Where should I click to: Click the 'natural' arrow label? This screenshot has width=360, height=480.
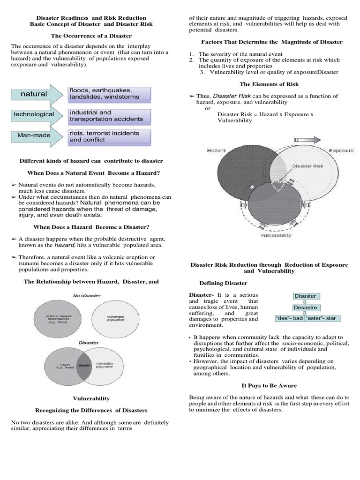coord(34,94)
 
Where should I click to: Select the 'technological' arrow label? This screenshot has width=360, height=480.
coord(34,114)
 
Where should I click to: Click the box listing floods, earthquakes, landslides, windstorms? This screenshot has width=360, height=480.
coord(109,93)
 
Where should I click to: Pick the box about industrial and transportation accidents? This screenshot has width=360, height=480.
coord(109,115)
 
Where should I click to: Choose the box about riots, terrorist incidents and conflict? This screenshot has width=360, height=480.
coord(109,136)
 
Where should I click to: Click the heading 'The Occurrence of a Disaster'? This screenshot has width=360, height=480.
coord(91,36)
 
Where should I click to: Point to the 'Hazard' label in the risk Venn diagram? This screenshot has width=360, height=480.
coord(216,150)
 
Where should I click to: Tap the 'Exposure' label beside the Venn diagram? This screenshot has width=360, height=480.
coord(341,150)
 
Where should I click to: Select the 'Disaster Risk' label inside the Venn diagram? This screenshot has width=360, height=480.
coord(305,166)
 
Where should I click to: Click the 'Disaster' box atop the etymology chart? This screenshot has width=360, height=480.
coord(305,296)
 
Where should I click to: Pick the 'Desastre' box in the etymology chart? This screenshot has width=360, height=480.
coord(305,307)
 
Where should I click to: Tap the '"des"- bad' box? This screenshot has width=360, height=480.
coord(289,319)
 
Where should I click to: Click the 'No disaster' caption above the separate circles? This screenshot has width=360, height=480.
coord(86,295)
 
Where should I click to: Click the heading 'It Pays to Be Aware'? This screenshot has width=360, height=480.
coord(269,385)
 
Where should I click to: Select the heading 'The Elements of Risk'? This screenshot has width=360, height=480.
coord(269,84)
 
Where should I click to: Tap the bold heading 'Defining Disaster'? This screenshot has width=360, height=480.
coord(224,283)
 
